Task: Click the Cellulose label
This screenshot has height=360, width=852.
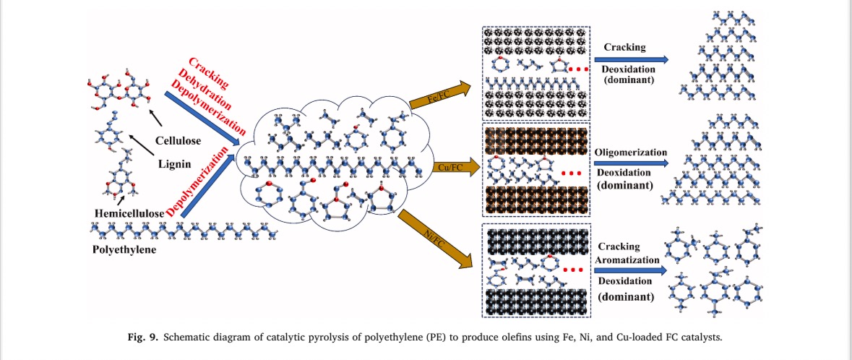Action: click(x=178, y=140)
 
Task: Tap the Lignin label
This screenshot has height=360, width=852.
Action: click(x=177, y=165)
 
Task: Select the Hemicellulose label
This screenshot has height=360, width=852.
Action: click(x=128, y=213)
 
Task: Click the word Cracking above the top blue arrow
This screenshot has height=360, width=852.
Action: click(x=626, y=47)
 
